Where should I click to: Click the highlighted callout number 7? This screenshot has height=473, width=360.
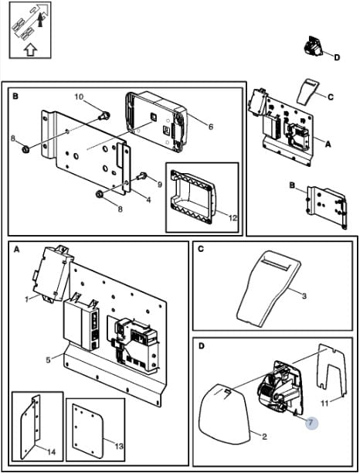coord(311,422)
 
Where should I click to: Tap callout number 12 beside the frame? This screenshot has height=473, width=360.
coord(233,217)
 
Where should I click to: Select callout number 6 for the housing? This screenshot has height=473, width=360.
coord(210,127)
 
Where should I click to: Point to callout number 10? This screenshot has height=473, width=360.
coord(79,97)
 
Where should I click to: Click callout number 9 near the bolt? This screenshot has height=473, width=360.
coord(159,184)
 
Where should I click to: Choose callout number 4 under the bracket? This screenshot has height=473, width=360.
coord(148,199)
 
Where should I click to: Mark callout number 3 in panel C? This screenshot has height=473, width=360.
coord(304,296)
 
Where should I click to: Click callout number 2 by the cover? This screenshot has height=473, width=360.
coord(264,436)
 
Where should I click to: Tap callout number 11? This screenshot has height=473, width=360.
coord(324,403)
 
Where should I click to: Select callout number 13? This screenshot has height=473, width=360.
coord(120,445)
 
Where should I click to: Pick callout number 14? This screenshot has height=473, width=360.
coord(51,451)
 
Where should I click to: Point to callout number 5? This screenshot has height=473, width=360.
coord(48,360)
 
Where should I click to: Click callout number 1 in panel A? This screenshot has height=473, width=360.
coord(27,300)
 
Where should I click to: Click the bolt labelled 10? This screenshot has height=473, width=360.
coord(104,115)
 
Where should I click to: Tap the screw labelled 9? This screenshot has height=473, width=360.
coord(141,175)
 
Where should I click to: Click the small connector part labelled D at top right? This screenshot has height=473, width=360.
coord(312,46)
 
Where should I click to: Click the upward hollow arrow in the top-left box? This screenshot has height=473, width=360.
coord(30,49)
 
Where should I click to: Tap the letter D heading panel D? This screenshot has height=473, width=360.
coord(202,345)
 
